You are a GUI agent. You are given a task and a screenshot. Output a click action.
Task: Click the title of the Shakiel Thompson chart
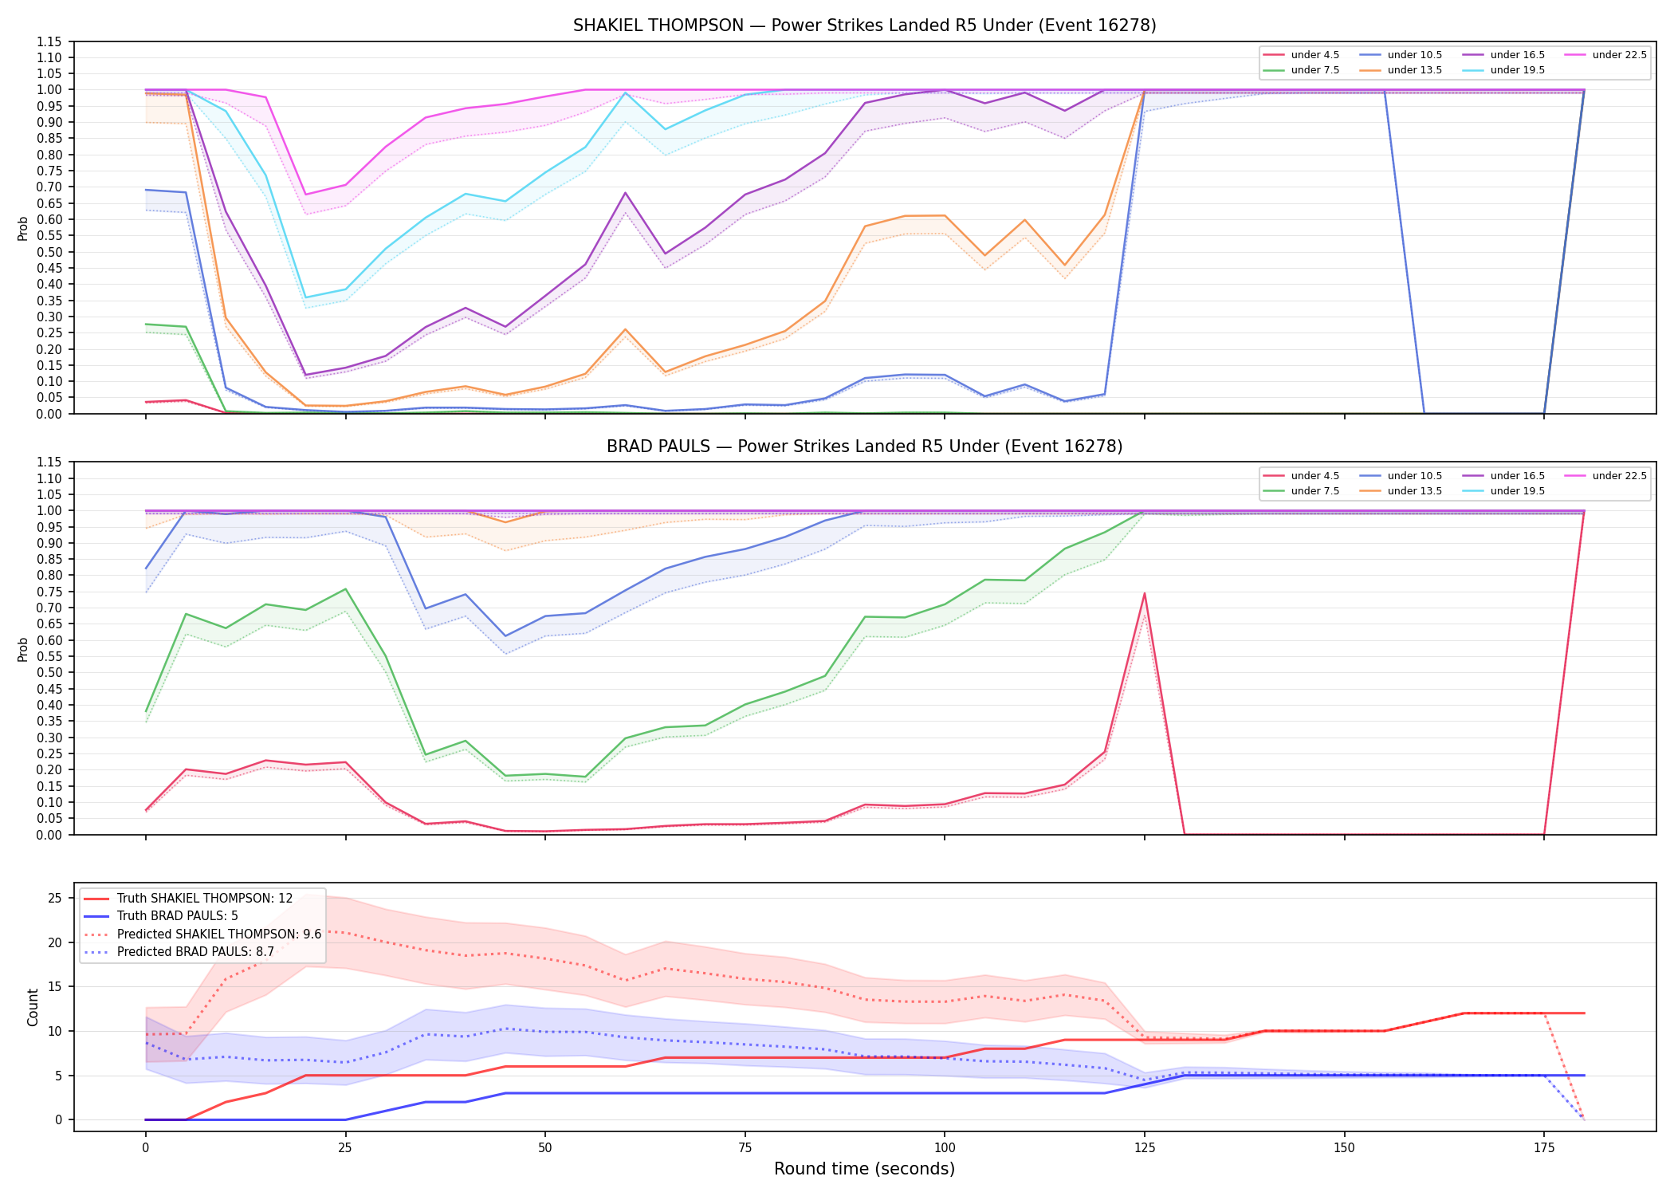click(x=864, y=26)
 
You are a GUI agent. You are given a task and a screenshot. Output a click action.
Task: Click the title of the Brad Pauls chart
click(x=864, y=447)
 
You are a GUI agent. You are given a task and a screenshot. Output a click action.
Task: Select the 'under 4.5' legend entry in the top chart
click(x=1301, y=55)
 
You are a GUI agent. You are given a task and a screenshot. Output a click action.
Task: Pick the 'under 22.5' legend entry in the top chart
click(x=1605, y=55)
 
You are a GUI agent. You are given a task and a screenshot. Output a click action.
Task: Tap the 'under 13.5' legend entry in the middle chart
click(x=1401, y=491)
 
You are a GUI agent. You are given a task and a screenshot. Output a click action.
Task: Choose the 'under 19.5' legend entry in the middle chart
click(x=1503, y=491)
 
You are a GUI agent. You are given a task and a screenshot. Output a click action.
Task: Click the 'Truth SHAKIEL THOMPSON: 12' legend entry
click(x=188, y=899)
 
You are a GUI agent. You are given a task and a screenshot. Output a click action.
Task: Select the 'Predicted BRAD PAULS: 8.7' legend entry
click(x=179, y=952)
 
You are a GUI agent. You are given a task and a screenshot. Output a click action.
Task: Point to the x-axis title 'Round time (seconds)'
click(x=864, y=1169)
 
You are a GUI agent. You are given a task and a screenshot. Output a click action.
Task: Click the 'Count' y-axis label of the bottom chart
click(x=33, y=1007)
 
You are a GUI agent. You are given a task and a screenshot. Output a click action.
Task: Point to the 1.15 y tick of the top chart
click(x=49, y=41)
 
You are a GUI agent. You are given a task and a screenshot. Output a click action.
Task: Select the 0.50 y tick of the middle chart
click(x=49, y=673)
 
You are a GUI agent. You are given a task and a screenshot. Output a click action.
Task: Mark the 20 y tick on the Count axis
click(x=55, y=942)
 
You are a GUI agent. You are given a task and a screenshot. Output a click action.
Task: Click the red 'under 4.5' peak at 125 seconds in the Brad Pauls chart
click(x=1145, y=593)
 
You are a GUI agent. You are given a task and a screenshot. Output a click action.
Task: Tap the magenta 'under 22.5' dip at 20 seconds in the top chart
click(x=305, y=195)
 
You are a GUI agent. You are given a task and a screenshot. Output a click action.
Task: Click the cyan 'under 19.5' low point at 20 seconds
click(x=305, y=297)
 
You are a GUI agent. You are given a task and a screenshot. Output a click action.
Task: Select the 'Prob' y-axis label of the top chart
click(x=23, y=229)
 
